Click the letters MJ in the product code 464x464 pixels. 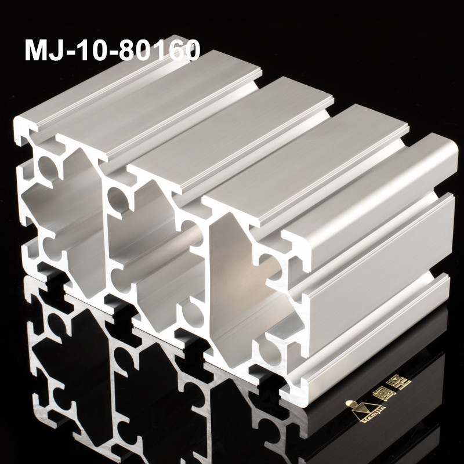point(42,51)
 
